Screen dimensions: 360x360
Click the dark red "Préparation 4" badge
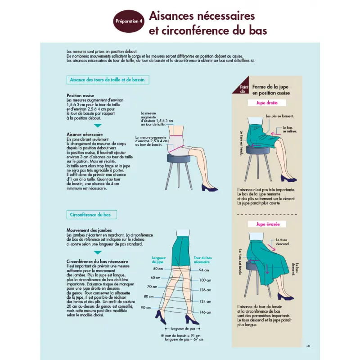[129, 21]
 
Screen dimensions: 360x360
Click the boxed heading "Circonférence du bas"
[91, 215]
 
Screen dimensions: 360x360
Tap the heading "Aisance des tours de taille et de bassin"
[108, 80]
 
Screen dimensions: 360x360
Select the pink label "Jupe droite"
[267, 103]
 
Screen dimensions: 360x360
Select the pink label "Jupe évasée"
[267, 224]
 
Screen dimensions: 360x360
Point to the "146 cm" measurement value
[205, 312]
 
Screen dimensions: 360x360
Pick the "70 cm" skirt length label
[152, 287]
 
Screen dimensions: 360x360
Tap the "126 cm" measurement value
[205, 290]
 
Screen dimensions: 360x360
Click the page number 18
[308, 346]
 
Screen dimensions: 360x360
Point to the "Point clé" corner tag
[243, 89]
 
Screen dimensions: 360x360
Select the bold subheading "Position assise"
[80, 95]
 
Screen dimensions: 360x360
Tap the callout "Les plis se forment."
[280, 116]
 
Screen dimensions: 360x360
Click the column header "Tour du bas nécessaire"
[203, 260]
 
